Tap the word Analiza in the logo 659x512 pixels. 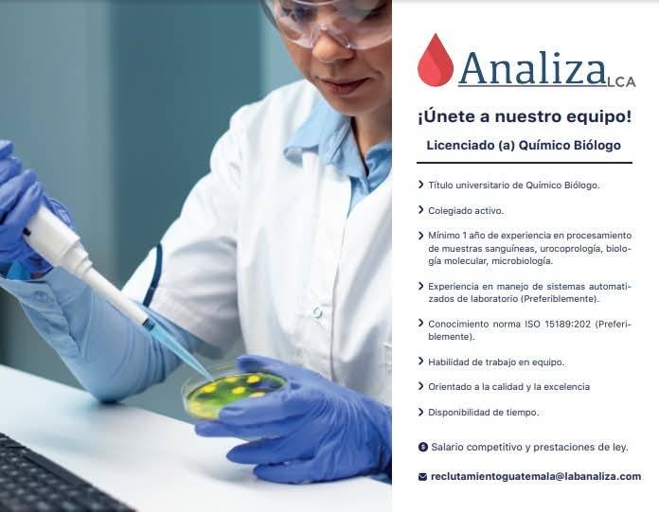click(532, 68)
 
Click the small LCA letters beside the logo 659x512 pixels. click(622, 82)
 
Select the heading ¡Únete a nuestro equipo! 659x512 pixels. click(524, 116)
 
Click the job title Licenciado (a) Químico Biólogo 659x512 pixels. click(524, 146)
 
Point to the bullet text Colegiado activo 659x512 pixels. click(466, 210)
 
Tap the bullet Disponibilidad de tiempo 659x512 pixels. click(483, 413)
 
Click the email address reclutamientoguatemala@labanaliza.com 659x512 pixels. click(535, 476)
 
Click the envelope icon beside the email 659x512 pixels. click(422, 477)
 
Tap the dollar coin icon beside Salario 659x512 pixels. click(422, 447)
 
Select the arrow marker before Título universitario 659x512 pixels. click(420, 185)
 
